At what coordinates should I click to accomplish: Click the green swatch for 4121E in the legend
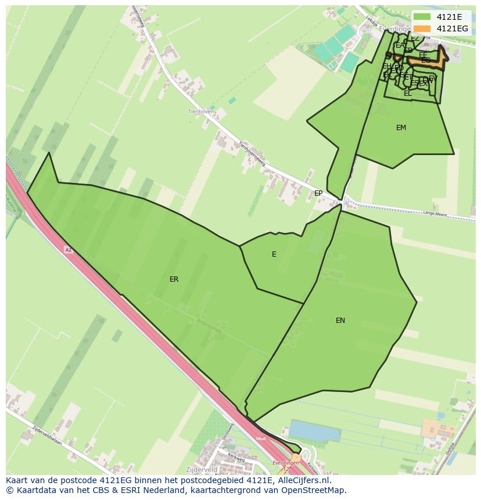422,17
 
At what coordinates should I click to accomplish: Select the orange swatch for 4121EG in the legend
422,28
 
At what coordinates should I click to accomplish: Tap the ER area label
174,279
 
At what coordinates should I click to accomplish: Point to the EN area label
340,321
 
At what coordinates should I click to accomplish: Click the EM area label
401,128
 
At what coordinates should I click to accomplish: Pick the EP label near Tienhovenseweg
318,193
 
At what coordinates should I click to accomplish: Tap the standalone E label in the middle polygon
274,254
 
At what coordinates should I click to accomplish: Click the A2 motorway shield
69,250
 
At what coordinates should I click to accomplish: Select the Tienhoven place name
198,111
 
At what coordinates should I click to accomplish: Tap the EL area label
408,93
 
